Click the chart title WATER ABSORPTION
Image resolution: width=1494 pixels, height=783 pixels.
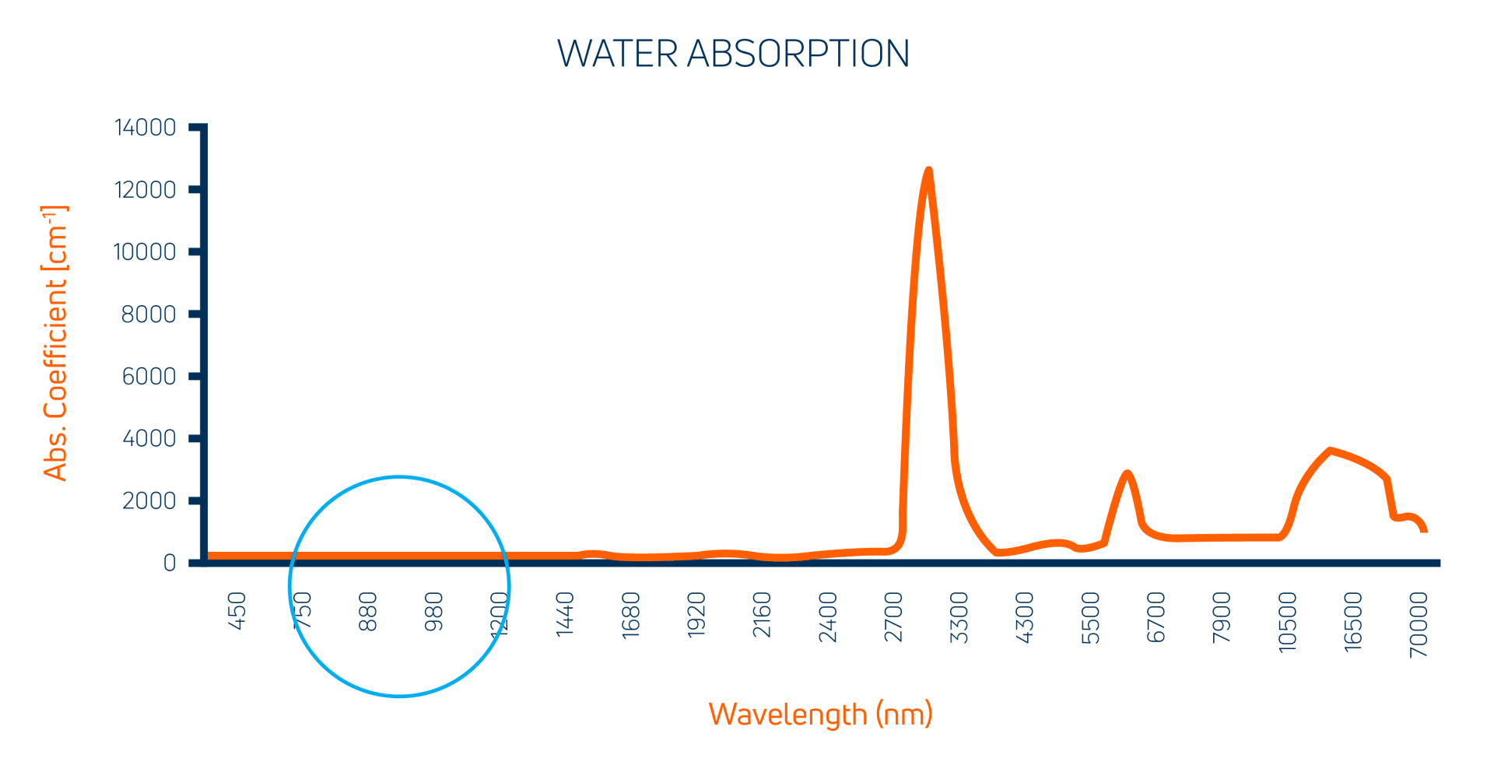tap(733, 54)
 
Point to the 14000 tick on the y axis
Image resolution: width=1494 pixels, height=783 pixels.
tap(146, 127)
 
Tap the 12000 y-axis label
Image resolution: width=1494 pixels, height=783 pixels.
tap(146, 189)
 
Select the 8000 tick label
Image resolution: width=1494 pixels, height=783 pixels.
tap(149, 314)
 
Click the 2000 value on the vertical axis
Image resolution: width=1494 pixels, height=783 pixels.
tap(149, 500)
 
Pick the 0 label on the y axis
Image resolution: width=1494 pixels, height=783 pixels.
tap(170, 563)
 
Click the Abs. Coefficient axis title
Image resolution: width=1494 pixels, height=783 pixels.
tap(55, 342)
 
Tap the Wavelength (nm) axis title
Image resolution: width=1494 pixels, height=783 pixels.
tap(820, 714)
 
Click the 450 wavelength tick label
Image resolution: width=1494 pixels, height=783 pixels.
tap(237, 612)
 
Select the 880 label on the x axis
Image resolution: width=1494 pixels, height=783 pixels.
tap(368, 612)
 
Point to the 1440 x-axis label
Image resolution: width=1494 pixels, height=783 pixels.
tap(565, 615)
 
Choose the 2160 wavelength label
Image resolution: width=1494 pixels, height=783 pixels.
tap(762, 615)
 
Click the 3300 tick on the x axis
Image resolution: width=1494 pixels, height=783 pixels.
tap(959, 617)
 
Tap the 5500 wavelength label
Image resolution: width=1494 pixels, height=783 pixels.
tap(1091, 618)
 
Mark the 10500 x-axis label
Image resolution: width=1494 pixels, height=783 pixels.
tap(1288, 621)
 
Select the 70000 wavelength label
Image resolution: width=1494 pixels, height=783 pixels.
tap(1419, 624)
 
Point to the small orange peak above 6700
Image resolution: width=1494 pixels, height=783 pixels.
tap(1126, 472)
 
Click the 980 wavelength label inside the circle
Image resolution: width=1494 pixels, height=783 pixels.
tap(433, 612)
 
